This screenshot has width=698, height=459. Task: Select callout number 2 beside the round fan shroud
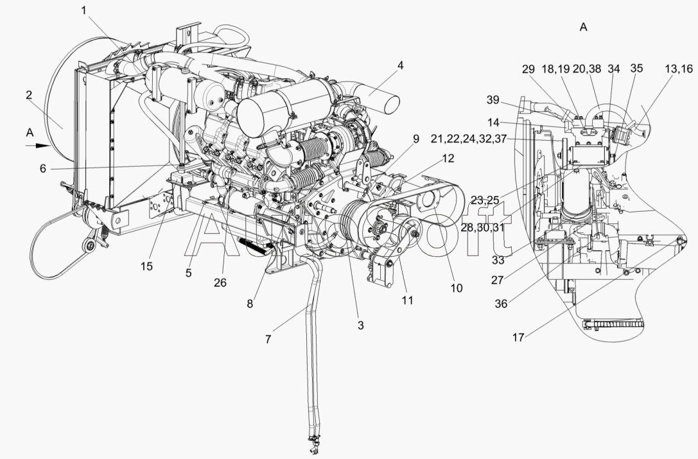[30, 96]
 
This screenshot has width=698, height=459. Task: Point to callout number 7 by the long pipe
[268, 338]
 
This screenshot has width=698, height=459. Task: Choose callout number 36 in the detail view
[502, 302]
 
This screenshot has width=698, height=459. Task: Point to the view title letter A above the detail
[582, 27]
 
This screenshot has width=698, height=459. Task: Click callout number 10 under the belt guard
[456, 288]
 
